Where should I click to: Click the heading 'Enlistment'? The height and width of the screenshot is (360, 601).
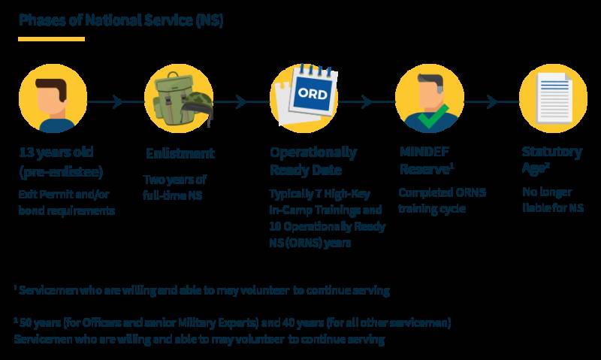click(x=180, y=153)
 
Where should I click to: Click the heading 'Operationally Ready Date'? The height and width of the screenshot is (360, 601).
click(x=314, y=161)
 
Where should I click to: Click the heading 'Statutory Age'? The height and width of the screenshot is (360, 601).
click(x=551, y=161)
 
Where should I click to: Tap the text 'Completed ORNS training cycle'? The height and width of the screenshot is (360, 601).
click(x=442, y=200)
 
